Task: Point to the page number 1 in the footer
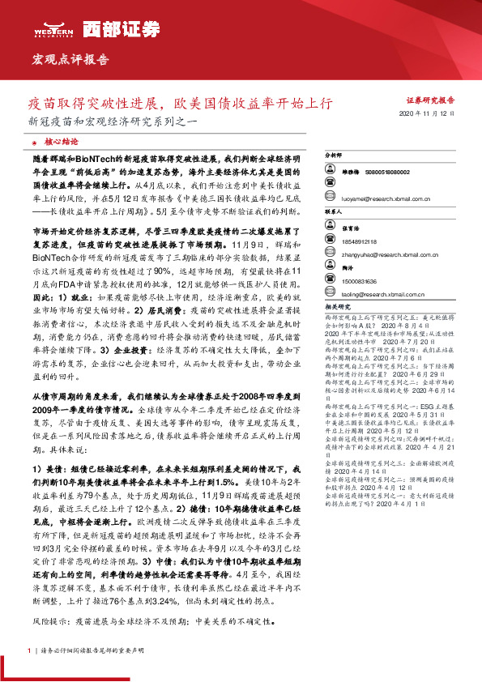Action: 29,650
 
